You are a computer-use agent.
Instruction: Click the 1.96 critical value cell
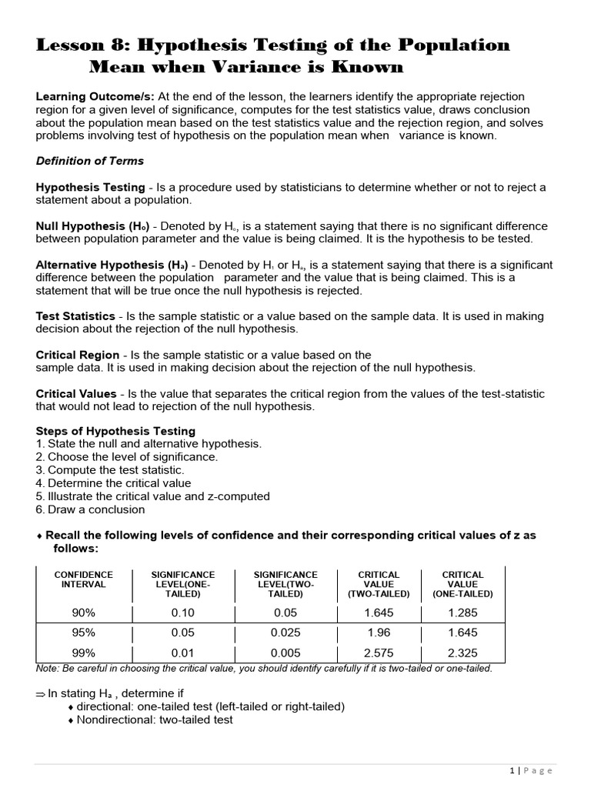379,633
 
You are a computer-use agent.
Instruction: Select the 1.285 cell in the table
462,613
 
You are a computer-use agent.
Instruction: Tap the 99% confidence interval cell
84,653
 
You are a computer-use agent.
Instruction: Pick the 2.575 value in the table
379,653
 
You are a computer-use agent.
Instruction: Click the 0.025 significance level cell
285,633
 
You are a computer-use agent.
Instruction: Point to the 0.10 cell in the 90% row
183,613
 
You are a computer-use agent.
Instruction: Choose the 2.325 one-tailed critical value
462,653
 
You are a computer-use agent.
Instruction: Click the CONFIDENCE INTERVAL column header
84,579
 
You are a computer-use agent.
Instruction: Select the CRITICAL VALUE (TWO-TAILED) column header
379,584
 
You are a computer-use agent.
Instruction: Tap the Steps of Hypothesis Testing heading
115,431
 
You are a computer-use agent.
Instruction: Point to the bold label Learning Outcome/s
95,96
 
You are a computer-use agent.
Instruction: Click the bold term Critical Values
76,393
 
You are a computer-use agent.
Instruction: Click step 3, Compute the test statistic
115,470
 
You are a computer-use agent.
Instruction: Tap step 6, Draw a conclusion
95,509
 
